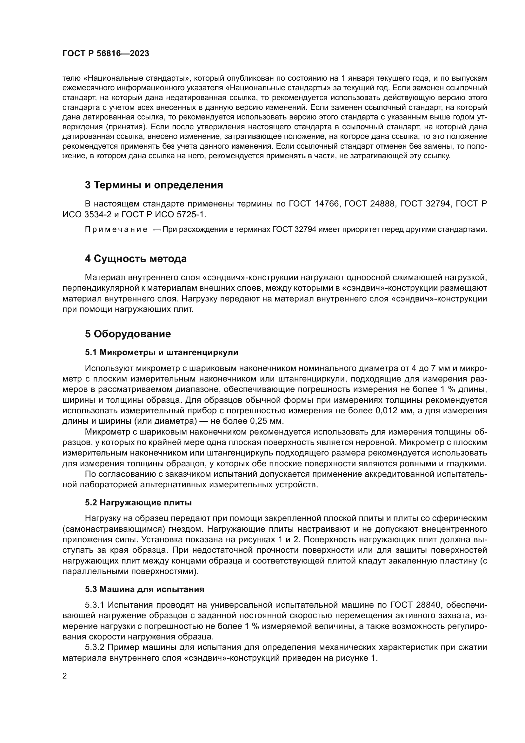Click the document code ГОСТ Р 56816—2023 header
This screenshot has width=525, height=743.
tap(106, 54)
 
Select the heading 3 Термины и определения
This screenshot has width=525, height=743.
tap(154, 185)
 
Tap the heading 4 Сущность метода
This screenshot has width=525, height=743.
tap(136, 259)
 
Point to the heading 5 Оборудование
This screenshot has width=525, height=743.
tap(128, 334)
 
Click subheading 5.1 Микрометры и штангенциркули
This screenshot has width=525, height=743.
tap(161, 352)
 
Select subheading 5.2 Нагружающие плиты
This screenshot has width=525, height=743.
tap(138, 503)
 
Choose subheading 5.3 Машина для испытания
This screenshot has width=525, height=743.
tap(144, 589)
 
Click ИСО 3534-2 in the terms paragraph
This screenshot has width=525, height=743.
tap(87, 214)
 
